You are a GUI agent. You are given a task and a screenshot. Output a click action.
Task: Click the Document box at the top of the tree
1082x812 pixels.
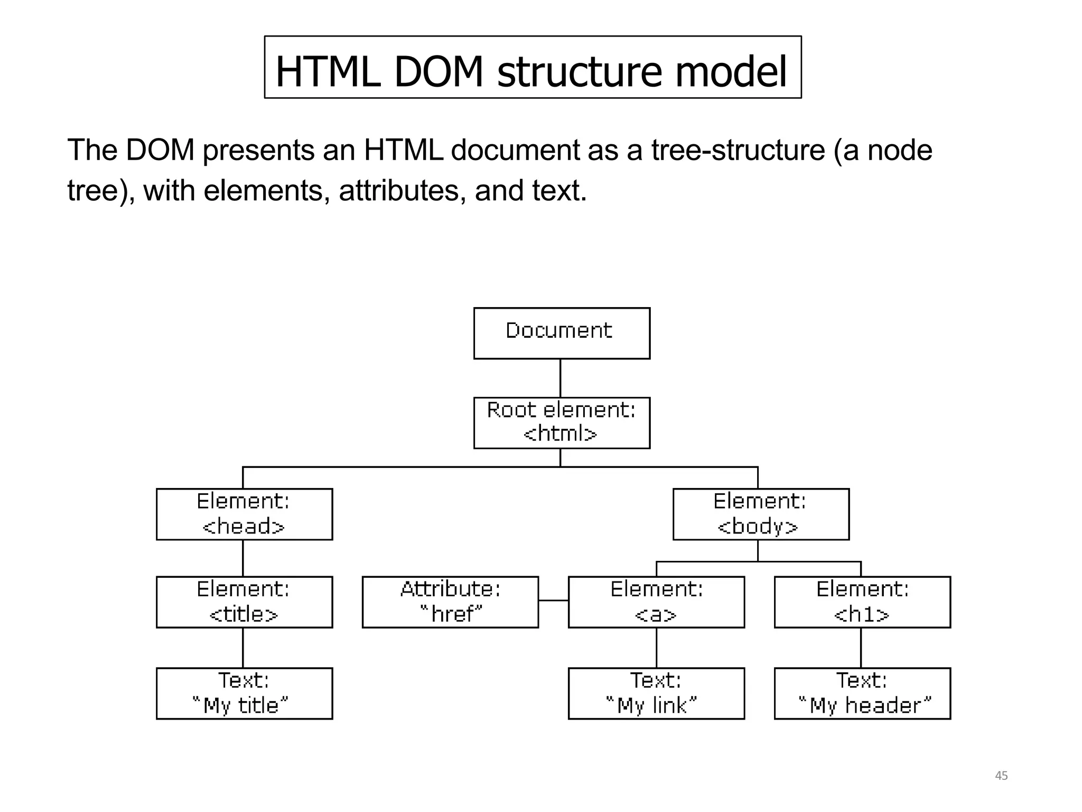click(x=562, y=333)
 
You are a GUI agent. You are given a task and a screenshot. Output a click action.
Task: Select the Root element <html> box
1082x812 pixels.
click(x=562, y=423)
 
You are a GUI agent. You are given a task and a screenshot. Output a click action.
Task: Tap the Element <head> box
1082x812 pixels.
click(x=244, y=514)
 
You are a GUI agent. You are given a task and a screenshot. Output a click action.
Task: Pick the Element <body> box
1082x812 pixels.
click(x=761, y=514)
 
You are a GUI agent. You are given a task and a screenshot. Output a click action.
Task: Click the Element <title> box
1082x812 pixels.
click(x=244, y=602)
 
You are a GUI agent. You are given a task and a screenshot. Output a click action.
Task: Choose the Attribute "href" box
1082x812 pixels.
click(x=450, y=602)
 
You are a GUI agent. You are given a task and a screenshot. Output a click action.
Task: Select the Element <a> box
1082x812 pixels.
click(x=656, y=602)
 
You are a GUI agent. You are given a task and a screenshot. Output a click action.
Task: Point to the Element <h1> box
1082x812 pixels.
click(x=862, y=602)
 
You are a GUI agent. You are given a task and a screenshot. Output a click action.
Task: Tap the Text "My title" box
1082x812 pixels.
click(x=244, y=693)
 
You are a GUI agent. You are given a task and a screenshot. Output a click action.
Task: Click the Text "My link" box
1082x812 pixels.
click(x=656, y=693)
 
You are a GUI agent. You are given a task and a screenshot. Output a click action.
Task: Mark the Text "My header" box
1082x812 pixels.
click(x=862, y=693)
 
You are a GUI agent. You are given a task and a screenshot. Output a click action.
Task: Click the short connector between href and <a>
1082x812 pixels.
click(x=553, y=601)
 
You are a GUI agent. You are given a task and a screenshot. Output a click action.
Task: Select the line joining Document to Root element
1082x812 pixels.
click(x=560, y=378)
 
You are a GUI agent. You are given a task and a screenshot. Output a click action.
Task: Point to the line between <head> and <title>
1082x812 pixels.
click(x=243, y=558)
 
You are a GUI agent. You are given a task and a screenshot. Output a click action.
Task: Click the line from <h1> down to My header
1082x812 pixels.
click(x=861, y=648)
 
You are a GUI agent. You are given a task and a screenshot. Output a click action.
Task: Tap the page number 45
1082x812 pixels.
click(x=1001, y=776)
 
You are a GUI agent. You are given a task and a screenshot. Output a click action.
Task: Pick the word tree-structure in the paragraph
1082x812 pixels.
click(x=738, y=150)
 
